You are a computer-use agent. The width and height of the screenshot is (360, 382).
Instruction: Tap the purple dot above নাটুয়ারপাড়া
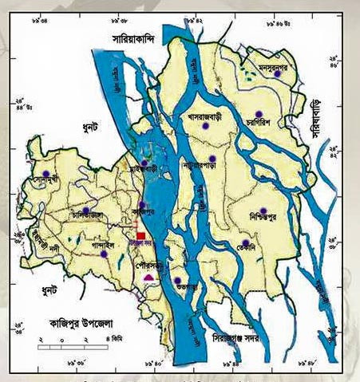(x=212, y=159)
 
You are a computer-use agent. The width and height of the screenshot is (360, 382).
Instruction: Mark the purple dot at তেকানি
(x=246, y=243)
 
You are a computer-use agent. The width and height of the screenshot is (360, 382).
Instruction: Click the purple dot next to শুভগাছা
(x=177, y=280)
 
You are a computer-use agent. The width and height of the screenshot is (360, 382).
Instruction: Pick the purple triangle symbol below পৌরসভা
(x=148, y=277)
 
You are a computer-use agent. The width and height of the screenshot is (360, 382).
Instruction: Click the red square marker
(x=141, y=236)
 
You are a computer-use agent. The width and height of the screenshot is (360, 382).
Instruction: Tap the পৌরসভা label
(x=149, y=260)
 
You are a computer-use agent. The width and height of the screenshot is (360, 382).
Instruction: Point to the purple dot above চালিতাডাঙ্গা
(x=86, y=211)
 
